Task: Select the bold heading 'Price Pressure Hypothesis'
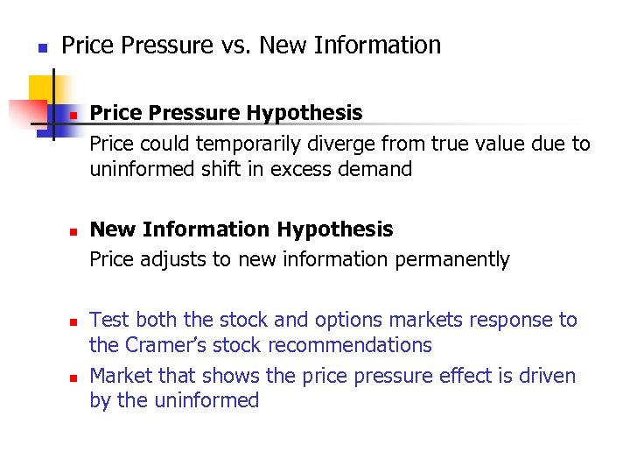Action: [x=226, y=113]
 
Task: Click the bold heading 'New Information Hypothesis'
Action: [x=241, y=229]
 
